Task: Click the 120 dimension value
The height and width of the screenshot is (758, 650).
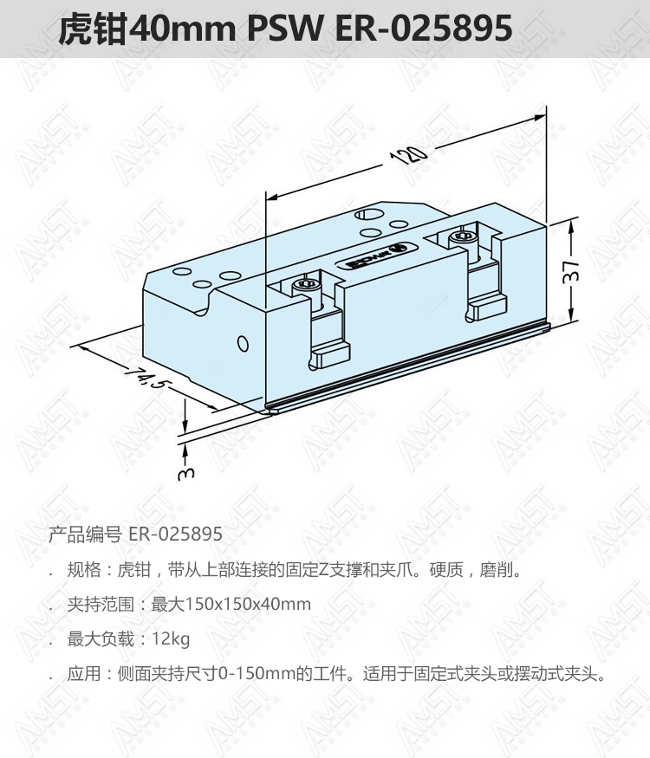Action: (x=409, y=154)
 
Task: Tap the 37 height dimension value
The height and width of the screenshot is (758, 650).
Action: (x=571, y=270)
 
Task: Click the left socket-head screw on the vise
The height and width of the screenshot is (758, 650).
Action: (x=305, y=286)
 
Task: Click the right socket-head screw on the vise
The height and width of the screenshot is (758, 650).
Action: (x=463, y=236)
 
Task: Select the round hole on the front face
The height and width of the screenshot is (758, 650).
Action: (x=244, y=344)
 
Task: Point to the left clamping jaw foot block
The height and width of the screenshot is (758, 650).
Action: (x=331, y=356)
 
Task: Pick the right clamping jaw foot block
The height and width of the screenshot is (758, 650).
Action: (x=489, y=308)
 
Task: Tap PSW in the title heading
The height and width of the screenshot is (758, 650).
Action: (x=285, y=28)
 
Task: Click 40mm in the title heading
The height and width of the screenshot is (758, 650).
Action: (x=183, y=29)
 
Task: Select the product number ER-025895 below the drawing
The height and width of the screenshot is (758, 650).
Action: (x=176, y=534)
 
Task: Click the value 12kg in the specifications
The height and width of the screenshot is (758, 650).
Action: (x=172, y=639)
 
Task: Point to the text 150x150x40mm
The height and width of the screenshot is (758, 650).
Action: (x=248, y=604)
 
